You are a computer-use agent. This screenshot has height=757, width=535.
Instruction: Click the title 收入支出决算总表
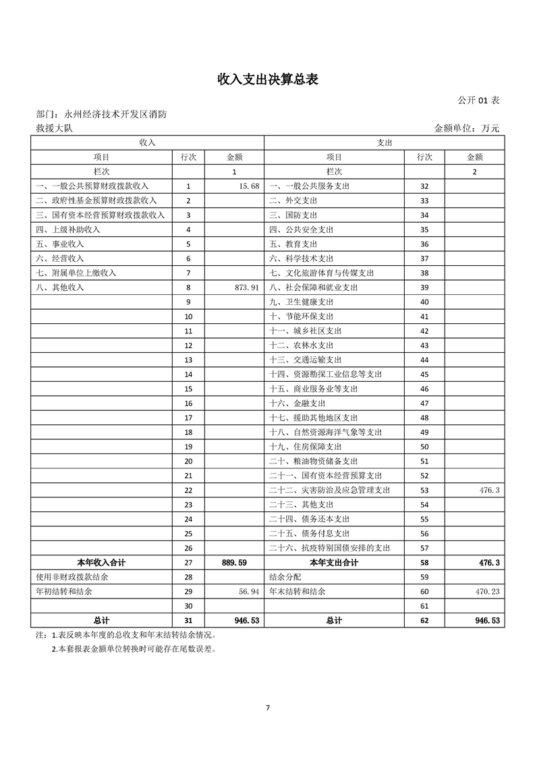pyautogui.click(x=267, y=79)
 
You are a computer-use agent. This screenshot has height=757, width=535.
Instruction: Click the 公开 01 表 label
pyautogui.click(x=478, y=100)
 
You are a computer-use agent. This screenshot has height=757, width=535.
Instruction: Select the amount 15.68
pyautogui.click(x=248, y=186)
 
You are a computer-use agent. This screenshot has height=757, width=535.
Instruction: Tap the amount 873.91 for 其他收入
pyautogui.click(x=246, y=287)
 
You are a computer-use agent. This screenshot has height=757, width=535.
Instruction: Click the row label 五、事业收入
pyautogui.click(x=59, y=244)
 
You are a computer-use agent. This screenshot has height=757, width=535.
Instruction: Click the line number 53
pyautogui.click(x=424, y=490)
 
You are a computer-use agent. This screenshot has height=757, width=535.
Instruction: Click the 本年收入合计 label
pyautogui.click(x=101, y=563)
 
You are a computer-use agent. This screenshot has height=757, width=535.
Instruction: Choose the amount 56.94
pyautogui.click(x=248, y=592)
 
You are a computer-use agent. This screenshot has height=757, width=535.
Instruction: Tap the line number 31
pyautogui.click(x=188, y=621)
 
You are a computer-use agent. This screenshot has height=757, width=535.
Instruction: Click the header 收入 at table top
pyautogui.click(x=147, y=142)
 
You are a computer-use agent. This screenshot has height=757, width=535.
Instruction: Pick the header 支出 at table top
pyautogui.click(x=384, y=142)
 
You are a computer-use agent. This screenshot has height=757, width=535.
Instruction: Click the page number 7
pyautogui.click(x=268, y=708)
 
